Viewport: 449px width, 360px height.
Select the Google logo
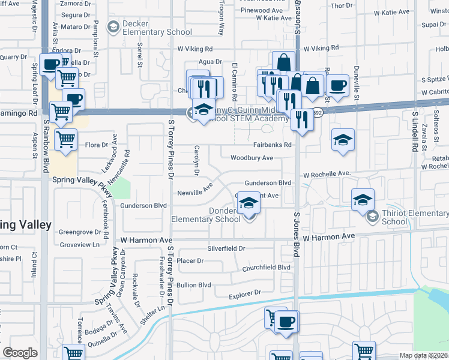[x=20, y=353]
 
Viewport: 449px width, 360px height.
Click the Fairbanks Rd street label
[x=272, y=145]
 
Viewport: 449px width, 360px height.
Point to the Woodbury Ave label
[x=252, y=158]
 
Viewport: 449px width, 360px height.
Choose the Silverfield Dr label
[x=226, y=248]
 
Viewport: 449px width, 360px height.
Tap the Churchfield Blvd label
[x=266, y=268]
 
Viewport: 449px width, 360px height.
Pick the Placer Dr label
[x=191, y=261]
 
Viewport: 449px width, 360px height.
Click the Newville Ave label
[x=195, y=190]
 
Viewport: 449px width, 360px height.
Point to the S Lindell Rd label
[x=414, y=131]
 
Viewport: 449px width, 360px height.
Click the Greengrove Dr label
[x=79, y=232]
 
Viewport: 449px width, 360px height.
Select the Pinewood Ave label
[x=261, y=11]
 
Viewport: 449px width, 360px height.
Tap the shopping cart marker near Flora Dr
[x=65, y=140]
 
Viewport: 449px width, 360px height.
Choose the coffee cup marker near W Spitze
[x=337, y=85]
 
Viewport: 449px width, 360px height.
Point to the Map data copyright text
[x=424, y=355]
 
